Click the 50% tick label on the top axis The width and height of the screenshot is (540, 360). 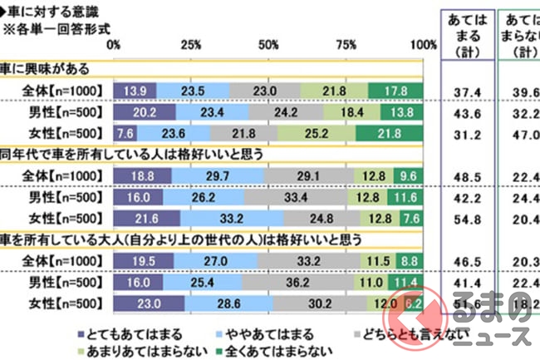pos(270,45)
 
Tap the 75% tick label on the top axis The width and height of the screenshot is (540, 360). pos(348,45)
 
